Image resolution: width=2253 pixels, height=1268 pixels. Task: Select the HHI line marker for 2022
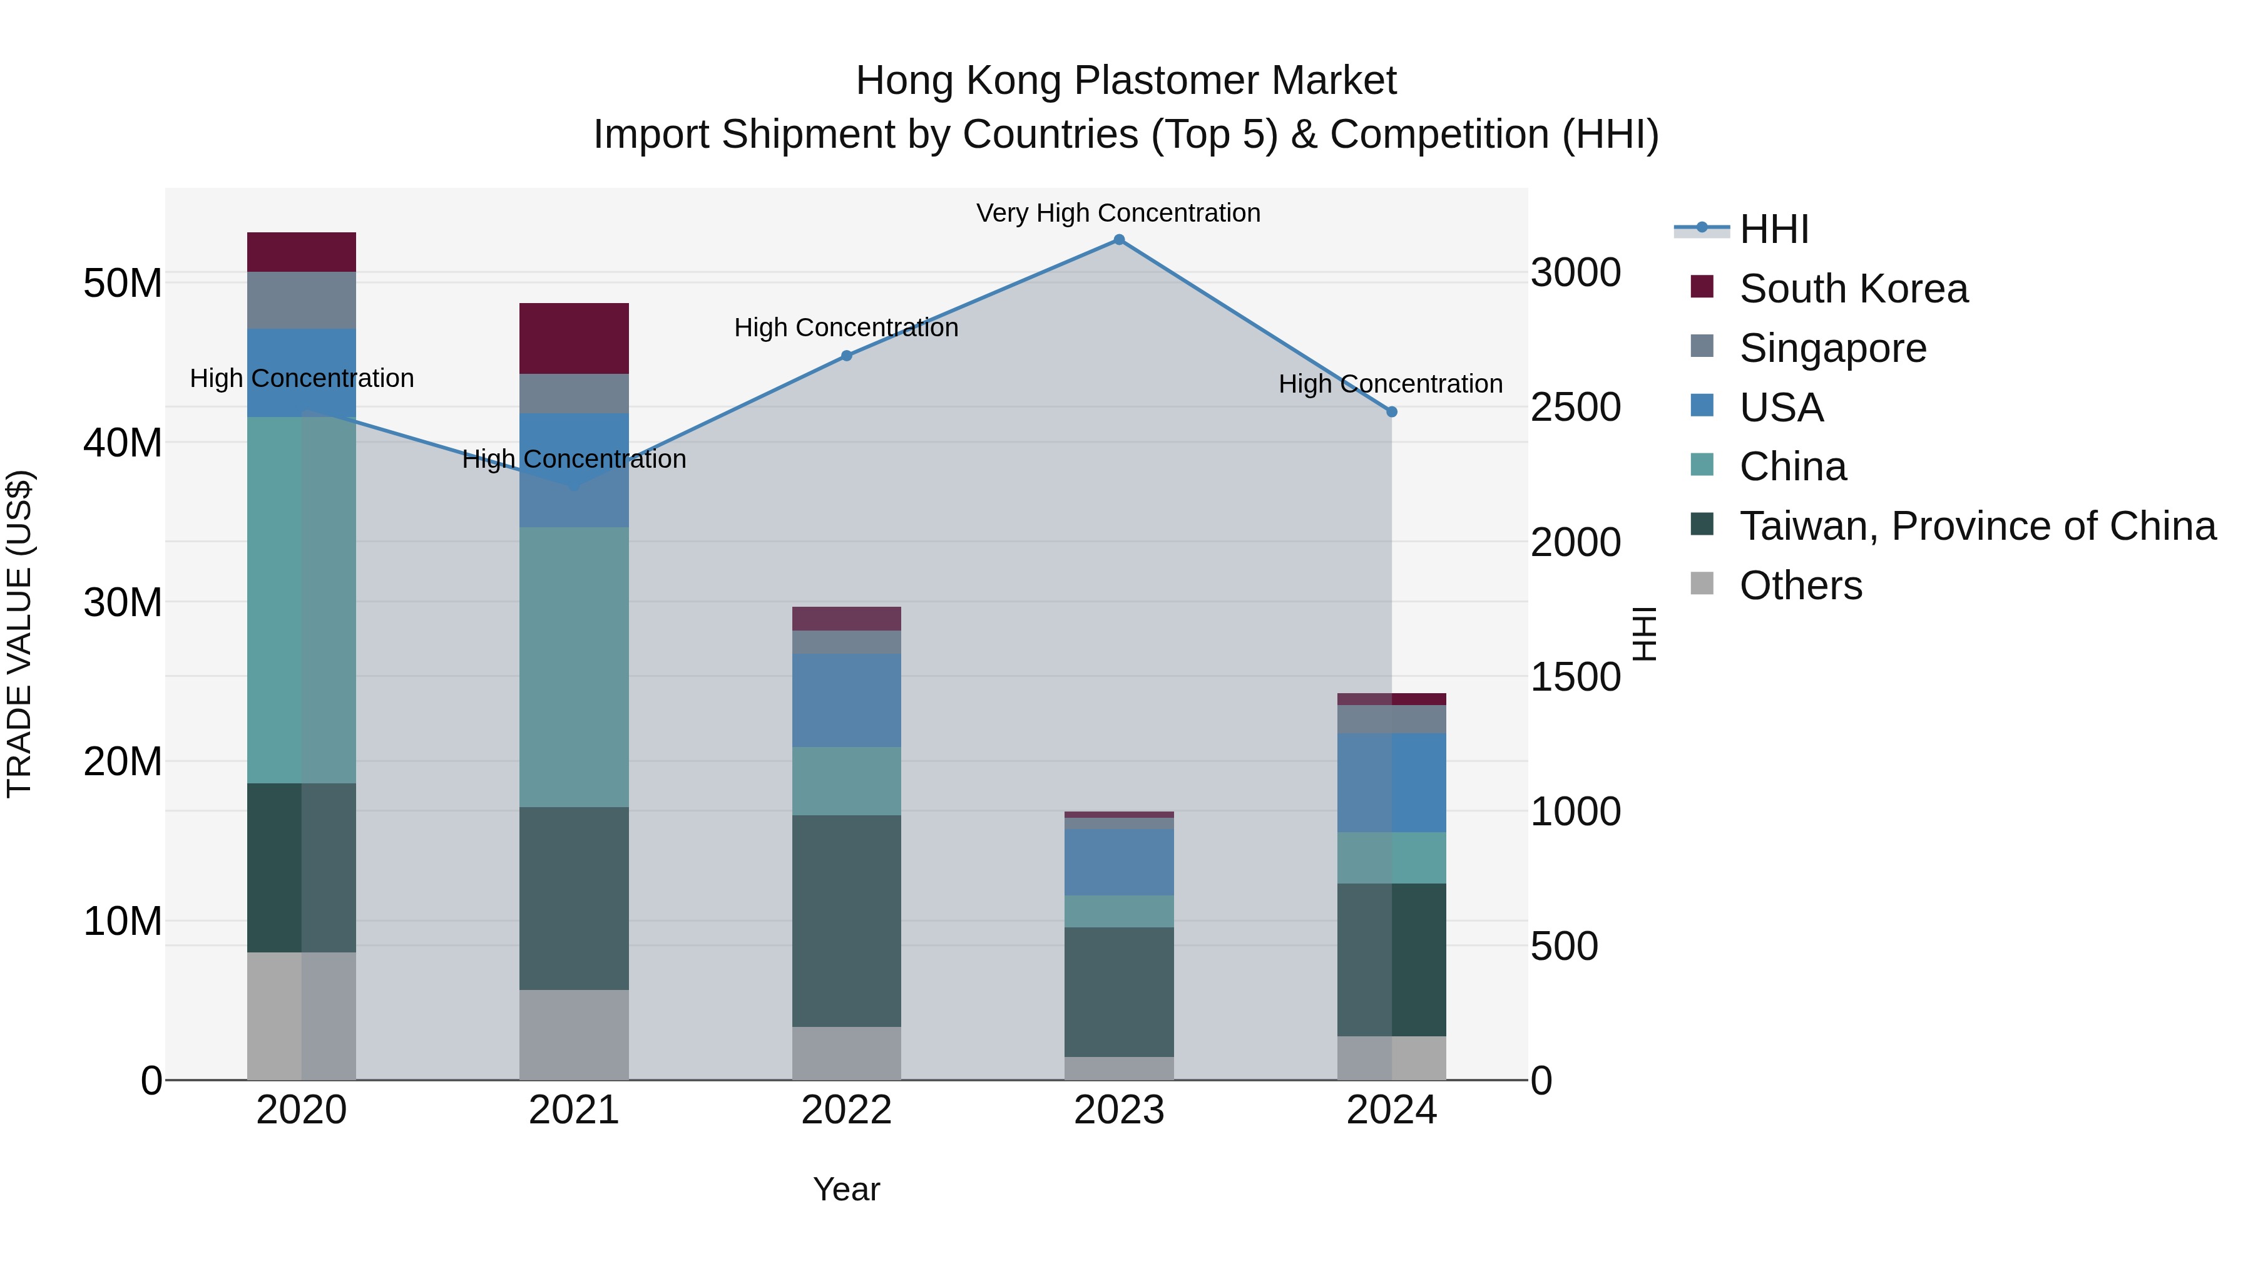pyautogui.click(x=847, y=356)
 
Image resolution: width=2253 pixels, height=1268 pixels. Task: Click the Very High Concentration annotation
pyautogui.click(x=1118, y=214)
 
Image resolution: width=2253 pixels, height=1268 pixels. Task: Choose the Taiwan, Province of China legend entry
pyautogui.click(x=1976, y=526)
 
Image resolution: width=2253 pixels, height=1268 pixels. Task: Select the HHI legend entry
pyautogui.click(x=1773, y=229)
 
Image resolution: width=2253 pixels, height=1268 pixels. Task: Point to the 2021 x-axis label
pyautogui.click(x=574, y=1110)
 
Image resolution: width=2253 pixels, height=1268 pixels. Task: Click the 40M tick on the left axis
pyautogui.click(x=123, y=443)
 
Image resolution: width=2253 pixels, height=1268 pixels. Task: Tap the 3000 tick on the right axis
pyautogui.click(x=1575, y=273)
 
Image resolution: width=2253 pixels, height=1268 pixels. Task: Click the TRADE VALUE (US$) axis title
pyautogui.click(x=19, y=634)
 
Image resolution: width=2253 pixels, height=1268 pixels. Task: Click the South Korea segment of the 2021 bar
pyautogui.click(x=574, y=339)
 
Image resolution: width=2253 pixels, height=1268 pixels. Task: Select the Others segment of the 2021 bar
pyautogui.click(x=574, y=1034)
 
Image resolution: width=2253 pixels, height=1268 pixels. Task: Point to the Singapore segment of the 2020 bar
pyautogui.click(x=301, y=300)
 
